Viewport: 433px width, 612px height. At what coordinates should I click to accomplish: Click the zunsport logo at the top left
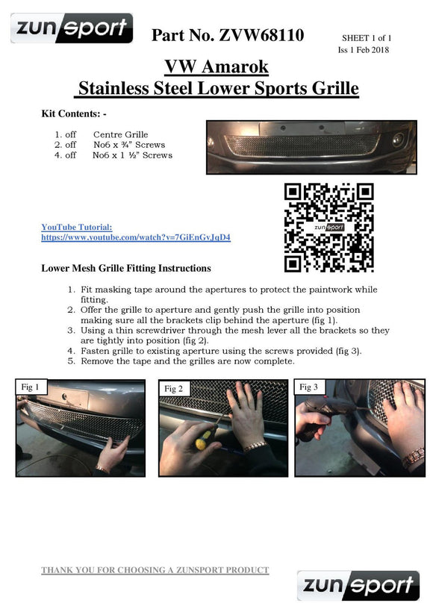(72, 28)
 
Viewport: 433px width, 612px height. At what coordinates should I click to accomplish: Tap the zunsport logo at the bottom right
(358, 585)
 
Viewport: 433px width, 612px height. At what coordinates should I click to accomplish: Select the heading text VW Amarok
(216, 66)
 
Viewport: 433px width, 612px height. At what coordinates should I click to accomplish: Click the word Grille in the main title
(335, 88)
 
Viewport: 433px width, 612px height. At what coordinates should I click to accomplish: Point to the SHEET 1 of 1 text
(367, 38)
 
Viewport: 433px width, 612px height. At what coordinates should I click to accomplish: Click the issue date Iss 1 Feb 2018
(364, 49)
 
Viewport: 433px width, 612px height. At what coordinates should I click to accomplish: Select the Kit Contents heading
(74, 113)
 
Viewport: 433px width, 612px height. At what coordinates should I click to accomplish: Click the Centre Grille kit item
(121, 134)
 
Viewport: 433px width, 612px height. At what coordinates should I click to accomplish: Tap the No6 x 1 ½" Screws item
(132, 155)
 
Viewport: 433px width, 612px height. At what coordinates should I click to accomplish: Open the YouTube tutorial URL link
(136, 237)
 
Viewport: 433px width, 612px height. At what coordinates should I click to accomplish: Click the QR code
(328, 228)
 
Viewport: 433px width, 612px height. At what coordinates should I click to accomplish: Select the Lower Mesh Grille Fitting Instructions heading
(126, 268)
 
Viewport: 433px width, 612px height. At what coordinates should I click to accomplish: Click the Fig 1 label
(31, 387)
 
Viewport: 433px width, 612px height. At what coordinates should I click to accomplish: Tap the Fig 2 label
(174, 389)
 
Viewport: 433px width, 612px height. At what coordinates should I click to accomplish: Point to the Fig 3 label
(309, 387)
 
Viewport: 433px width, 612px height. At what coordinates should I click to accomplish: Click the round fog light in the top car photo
(398, 140)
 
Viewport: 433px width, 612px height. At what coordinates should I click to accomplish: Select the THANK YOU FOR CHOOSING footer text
(155, 570)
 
